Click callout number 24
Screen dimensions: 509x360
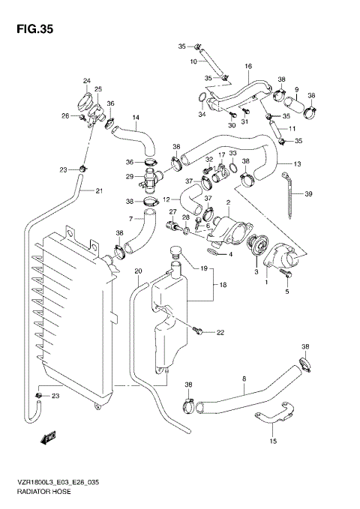[x=86, y=81]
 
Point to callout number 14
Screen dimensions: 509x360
[x=136, y=117]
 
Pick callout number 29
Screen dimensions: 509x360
[x=130, y=176]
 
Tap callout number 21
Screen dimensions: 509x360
[x=97, y=190]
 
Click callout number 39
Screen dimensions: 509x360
[x=307, y=193]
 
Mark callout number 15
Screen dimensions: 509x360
[x=273, y=442]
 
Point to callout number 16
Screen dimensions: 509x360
[x=248, y=67]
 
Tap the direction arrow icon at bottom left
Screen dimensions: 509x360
[x=51, y=436]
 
